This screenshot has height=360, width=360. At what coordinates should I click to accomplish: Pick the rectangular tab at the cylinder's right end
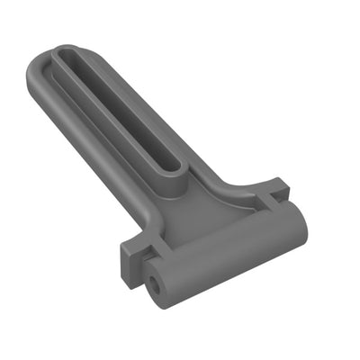coord(274,190)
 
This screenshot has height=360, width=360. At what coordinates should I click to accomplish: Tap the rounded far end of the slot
coord(65,56)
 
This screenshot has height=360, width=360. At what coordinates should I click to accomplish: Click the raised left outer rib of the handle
coord(81,135)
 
